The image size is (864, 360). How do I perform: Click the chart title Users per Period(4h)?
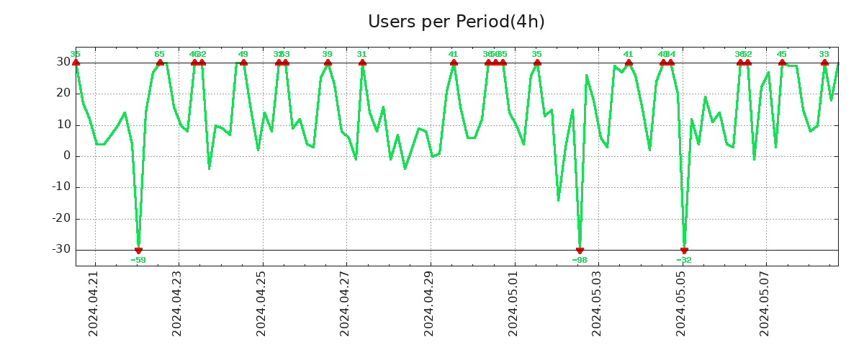coord(456,22)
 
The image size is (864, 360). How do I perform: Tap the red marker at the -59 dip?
coord(138,250)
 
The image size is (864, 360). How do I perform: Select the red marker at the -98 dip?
coord(580,250)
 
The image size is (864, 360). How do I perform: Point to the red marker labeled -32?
coord(684,250)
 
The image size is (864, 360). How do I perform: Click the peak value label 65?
coord(159,54)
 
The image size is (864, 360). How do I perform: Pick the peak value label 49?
coord(243,54)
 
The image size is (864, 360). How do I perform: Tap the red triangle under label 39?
coord(328,63)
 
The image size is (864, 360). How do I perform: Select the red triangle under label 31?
coord(362,63)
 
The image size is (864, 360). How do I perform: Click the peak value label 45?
coord(782,54)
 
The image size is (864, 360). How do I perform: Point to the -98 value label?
coord(580,260)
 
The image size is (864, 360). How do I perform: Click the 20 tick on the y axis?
coord(63,94)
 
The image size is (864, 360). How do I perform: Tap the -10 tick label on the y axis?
coord(60,187)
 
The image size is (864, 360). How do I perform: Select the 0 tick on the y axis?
coord(66,156)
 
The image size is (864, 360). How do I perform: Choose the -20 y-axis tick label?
coord(60,219)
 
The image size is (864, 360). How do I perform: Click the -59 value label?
coord(138,260)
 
